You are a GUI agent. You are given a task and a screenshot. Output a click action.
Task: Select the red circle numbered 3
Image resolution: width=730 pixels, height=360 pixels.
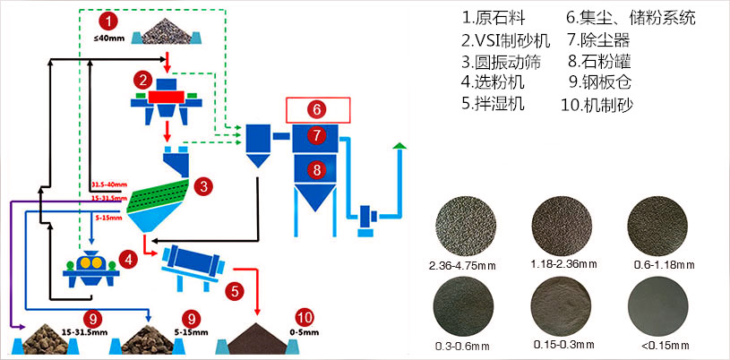point(204,186)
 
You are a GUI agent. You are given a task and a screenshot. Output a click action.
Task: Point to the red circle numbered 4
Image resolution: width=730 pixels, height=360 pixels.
point(128,259)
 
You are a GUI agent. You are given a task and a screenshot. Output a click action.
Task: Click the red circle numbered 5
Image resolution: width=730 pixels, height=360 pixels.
point(234,290)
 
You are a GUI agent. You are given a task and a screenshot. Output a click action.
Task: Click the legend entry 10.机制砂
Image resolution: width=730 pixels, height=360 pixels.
point(608,104)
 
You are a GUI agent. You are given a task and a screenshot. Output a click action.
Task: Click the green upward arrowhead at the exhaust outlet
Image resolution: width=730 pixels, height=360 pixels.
point(399,145)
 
